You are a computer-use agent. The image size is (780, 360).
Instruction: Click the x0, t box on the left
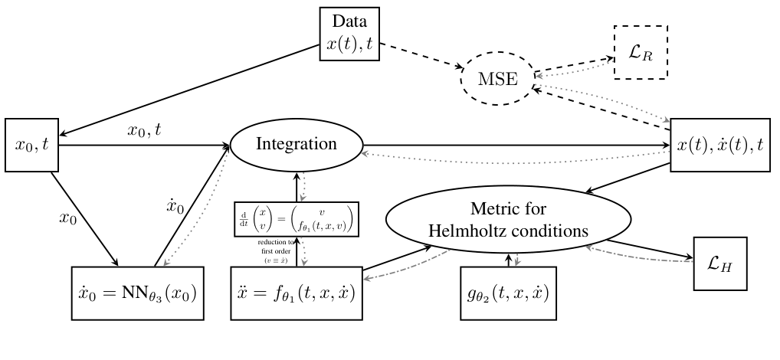tap(31, 143)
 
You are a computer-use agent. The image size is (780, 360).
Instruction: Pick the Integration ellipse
tap(296, 144)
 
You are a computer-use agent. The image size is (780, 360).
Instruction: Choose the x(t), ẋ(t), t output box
tap(723, 145)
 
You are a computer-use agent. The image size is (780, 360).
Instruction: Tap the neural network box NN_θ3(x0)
tap(138, 293)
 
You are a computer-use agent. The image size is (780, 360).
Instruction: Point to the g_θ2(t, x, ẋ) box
tap(507, 293)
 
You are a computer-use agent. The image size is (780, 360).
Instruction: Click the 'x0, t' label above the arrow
tap(145, 130)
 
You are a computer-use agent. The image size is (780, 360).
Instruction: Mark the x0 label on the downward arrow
tap(69, 217)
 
